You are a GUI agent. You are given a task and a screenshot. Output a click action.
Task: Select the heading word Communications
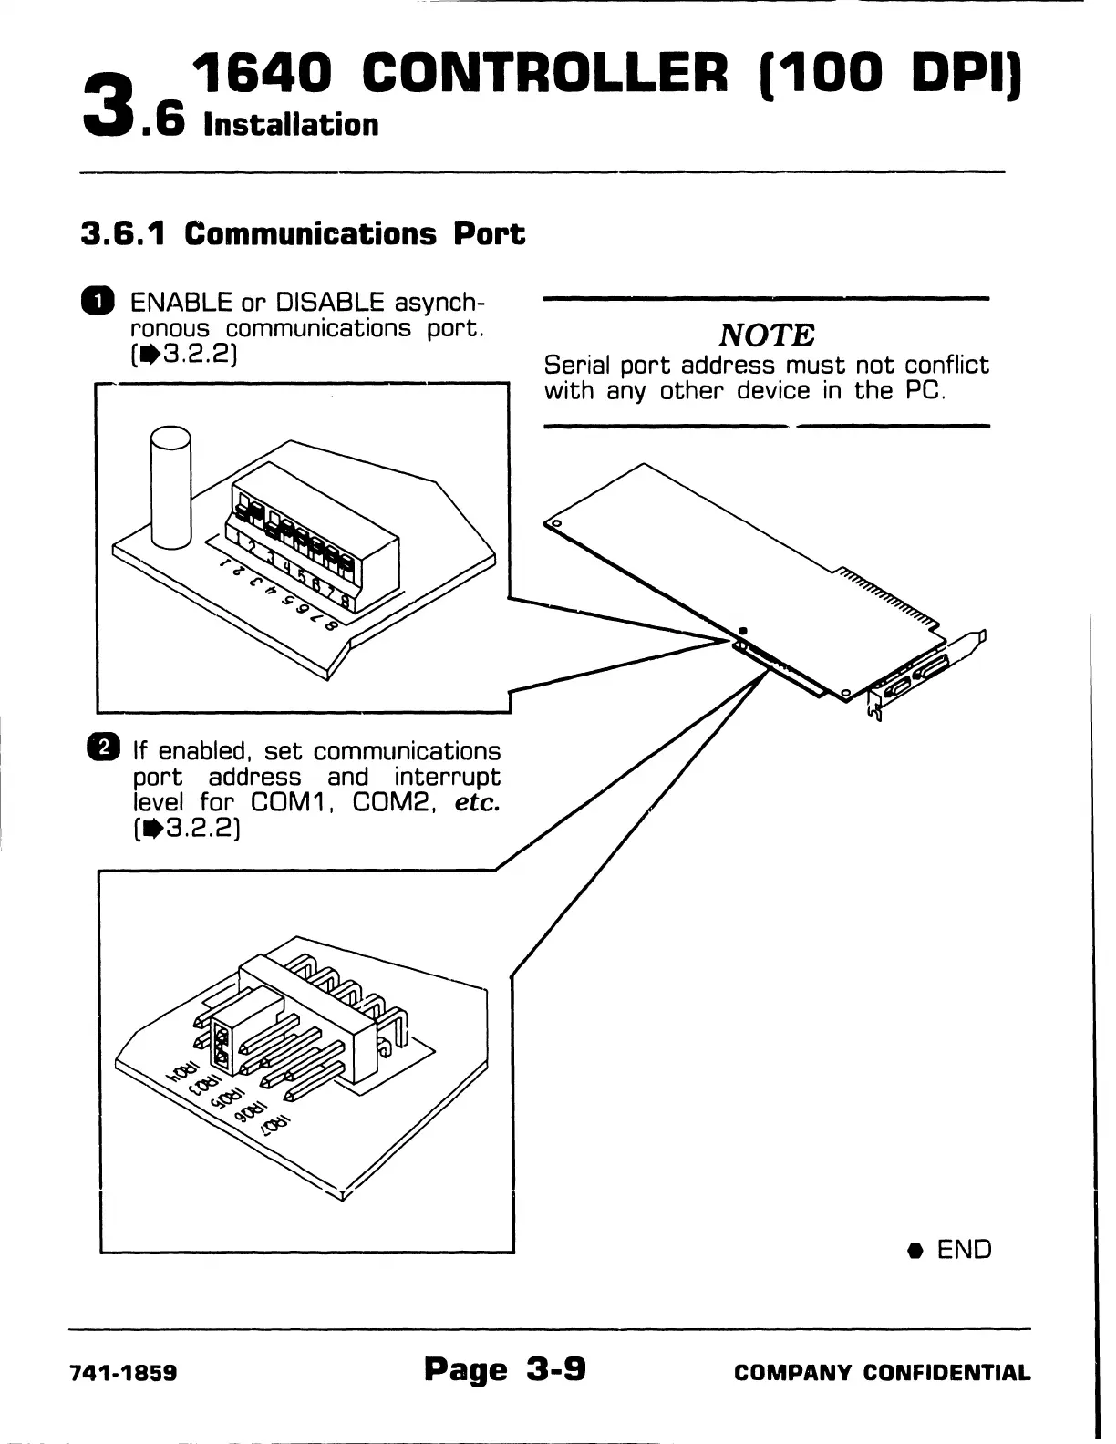(311, 234)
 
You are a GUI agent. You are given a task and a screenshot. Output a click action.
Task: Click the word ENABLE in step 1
(182, 302)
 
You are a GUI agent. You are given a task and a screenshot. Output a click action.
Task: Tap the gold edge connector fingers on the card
(885, 598)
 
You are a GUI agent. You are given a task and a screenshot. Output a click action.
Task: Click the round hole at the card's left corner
(554, 523)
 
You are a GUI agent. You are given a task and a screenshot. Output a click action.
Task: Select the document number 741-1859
(123, 1373)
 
